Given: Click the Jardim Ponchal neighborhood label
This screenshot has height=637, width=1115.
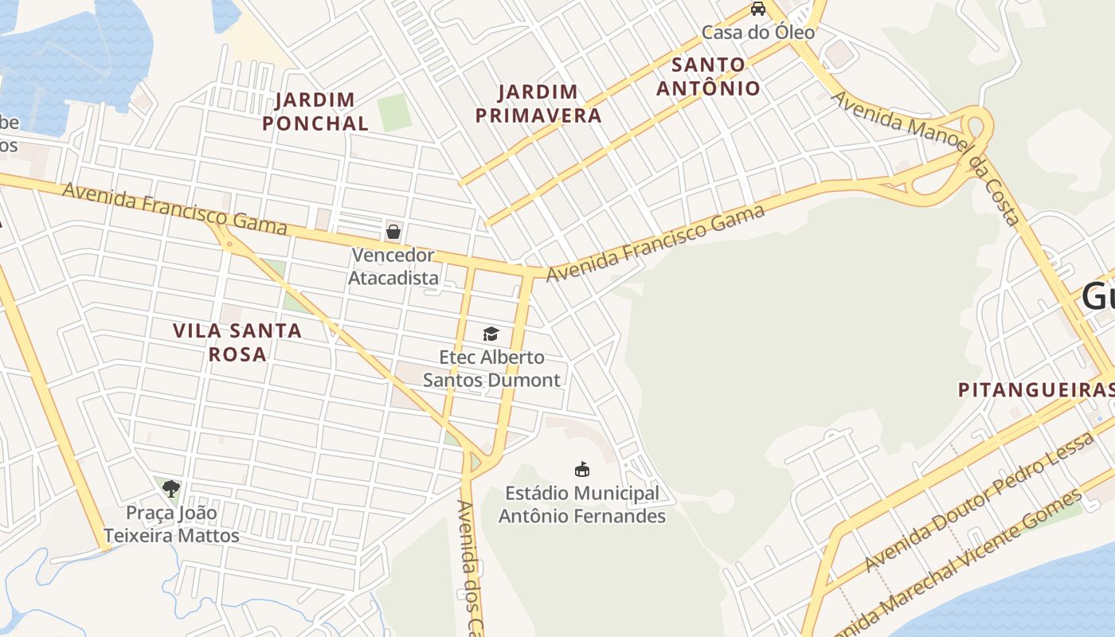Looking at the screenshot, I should [x=315, y=111].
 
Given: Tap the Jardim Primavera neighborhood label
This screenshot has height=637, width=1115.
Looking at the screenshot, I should [x=538, y=104].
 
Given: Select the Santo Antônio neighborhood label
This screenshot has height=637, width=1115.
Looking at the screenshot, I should [x=708, y=76].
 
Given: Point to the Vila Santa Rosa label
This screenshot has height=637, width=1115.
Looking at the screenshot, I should [x=237, y=342].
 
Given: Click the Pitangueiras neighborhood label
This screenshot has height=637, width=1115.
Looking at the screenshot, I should [x=1035, y=390].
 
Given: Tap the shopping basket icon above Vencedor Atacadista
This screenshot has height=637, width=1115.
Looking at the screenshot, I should [x=393, y=232].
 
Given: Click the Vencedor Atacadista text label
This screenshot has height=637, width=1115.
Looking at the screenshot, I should [x=393, y=267].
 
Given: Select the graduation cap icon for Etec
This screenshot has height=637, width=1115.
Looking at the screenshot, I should [x=491, y=334].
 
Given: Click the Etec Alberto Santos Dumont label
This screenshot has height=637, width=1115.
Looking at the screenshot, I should [x=491, y=369].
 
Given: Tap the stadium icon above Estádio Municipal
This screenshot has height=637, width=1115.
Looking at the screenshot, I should [x=582, y=469].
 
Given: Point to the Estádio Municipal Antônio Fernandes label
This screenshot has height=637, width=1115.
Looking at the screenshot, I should [x=582, y=505].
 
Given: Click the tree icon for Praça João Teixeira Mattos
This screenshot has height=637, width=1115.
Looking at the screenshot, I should [x=170, y=488].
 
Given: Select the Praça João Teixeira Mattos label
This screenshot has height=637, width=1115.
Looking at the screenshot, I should [x=182, y=524].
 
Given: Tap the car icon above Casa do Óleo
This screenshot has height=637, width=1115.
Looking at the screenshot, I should [x=758, y=9].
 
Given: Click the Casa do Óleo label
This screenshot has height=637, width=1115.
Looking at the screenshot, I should [x=758, y=33].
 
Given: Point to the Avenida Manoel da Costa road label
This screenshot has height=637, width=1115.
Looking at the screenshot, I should [x=925, y=156].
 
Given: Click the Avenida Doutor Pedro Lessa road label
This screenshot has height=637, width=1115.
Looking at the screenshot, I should [x=980, y=502].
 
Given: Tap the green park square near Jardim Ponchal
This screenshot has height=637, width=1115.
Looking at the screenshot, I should [x=394, y=112].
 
